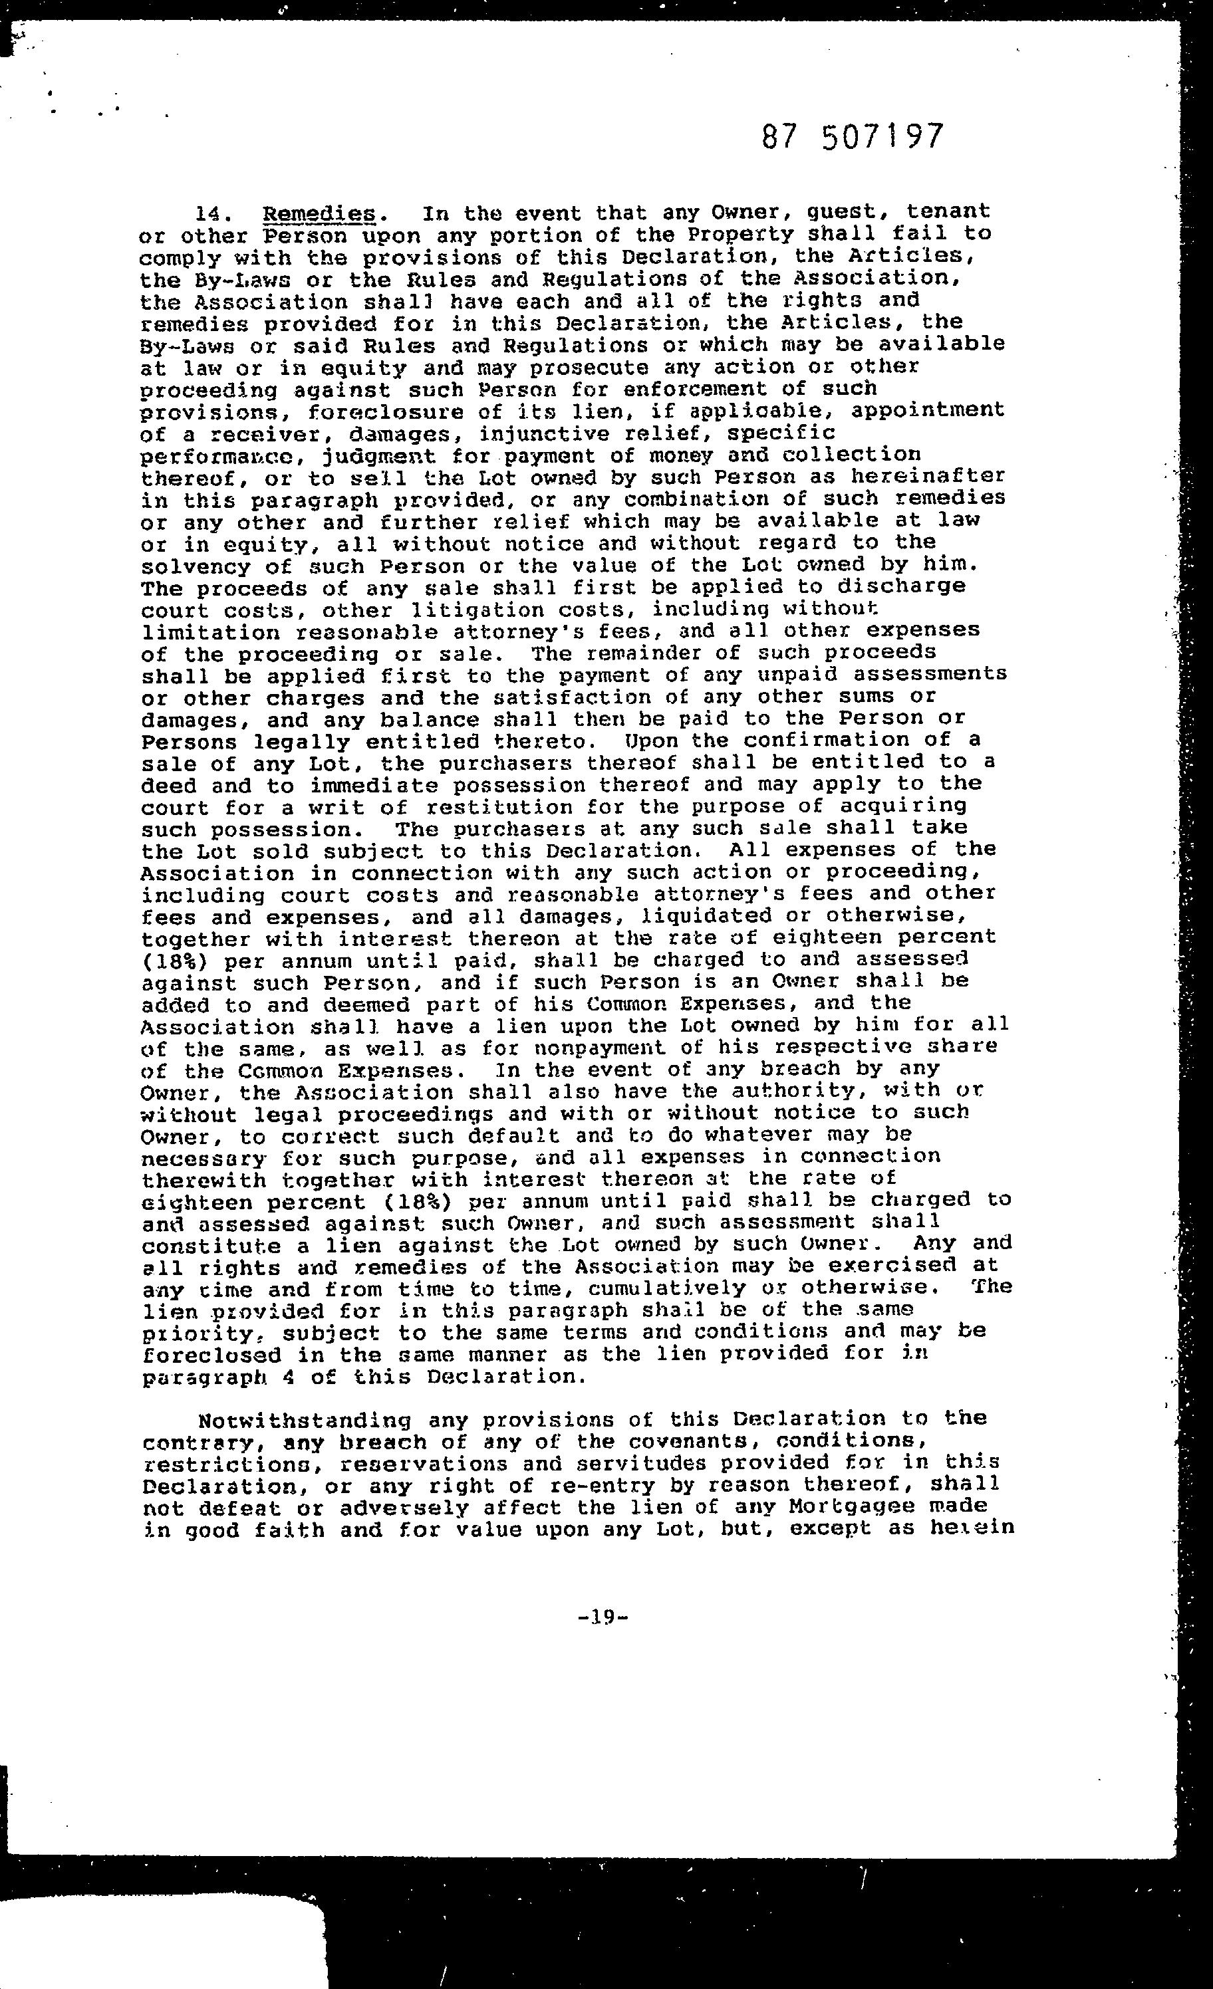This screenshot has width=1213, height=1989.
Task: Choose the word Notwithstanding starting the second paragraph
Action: [305, 1420]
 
